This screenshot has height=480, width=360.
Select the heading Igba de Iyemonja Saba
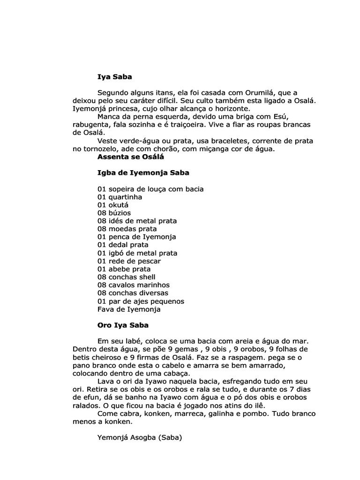click(143, 172)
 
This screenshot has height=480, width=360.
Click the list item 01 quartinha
click(120, 197)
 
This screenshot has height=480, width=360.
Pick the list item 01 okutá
click(113, 205)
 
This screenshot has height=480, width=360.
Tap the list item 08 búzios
click(114, 213)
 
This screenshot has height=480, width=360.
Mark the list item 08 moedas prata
click(127, 229)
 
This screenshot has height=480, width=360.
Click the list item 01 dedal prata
click(123, 245)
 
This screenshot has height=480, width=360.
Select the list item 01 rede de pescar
click(129, 261)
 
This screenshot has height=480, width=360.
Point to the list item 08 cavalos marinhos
click(133, 285)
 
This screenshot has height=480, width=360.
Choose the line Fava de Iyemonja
click(129, 309)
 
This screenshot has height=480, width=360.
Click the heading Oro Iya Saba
click(123, 324)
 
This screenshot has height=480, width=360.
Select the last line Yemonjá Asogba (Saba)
click(139, 438)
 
